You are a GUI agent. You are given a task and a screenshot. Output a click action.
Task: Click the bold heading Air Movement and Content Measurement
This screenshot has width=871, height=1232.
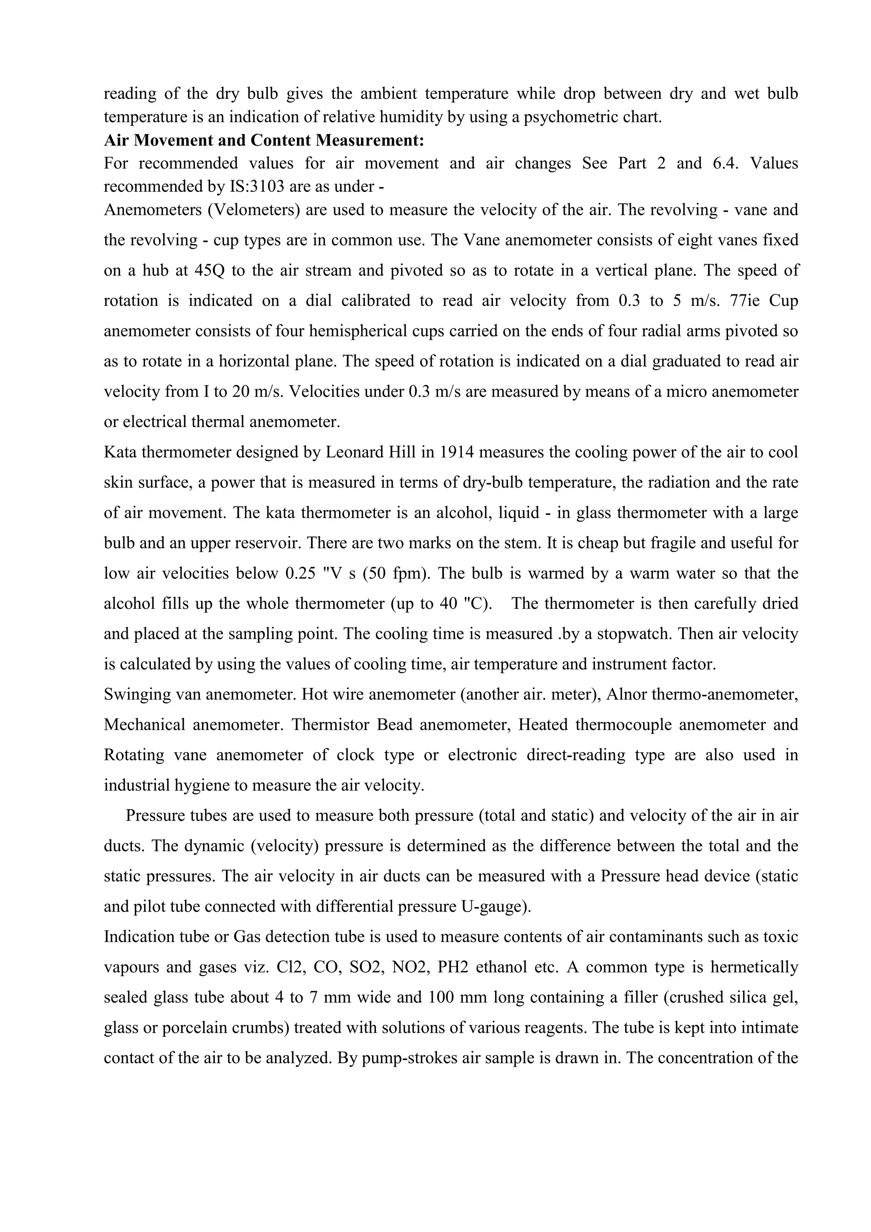click(x=264, y=140)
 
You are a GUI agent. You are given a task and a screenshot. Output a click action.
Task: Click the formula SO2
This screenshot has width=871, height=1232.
click(x=366, y=967)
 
